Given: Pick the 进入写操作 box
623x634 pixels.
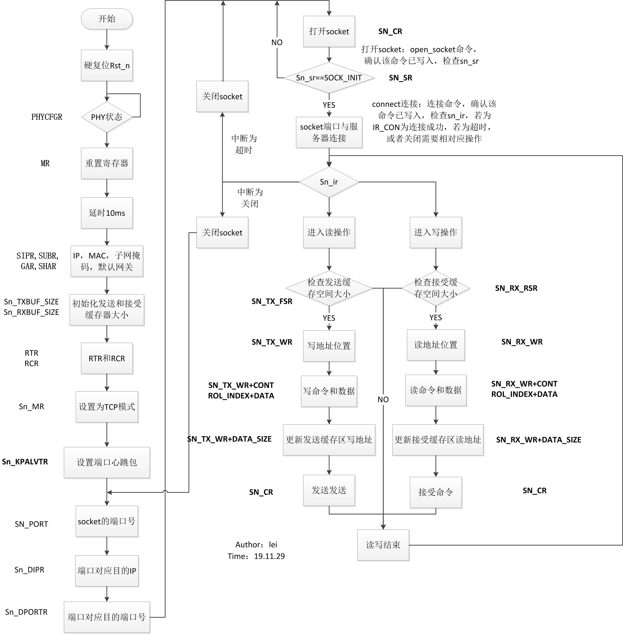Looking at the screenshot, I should click(436, 232).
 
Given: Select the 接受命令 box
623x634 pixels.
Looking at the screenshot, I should click(436, 492).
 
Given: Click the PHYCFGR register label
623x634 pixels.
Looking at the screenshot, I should click(47, 117).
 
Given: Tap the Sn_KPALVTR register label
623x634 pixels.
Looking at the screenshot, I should click(25, 462).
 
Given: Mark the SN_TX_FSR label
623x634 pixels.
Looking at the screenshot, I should click(272, 302).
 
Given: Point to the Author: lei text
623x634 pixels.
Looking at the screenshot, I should click(256, 545).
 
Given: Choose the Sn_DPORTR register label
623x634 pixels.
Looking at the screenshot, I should click(26, 612).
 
